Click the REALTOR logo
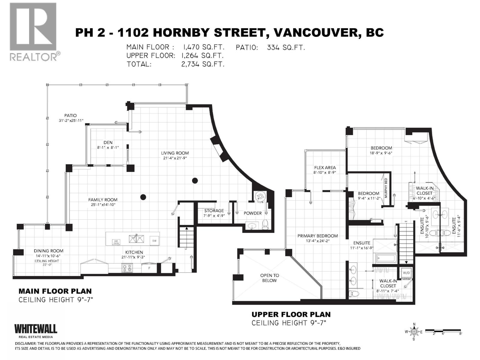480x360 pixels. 33,31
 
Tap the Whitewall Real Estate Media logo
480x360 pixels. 36,331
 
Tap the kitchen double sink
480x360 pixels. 136,239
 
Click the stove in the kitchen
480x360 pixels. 127,268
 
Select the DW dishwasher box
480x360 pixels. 154,241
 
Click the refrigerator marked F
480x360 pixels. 150,268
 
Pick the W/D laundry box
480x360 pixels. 406,273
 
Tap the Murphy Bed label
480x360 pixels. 386,187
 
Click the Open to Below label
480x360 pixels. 269,278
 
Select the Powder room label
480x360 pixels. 252,213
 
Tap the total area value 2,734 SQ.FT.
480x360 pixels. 202,64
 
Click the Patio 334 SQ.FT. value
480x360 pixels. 286,47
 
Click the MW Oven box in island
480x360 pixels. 116,242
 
